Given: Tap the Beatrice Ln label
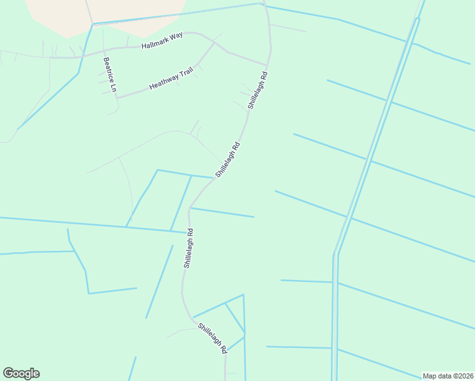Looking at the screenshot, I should point(109,75).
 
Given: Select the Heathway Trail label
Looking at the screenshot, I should point(171,79).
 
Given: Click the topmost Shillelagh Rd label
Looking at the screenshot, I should point(257,90).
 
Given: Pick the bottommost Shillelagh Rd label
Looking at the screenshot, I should point(213,337).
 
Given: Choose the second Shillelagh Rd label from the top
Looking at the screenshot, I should point(227,159).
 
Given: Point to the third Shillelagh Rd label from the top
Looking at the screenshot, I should point(188,248).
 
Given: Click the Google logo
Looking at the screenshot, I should point(21,373).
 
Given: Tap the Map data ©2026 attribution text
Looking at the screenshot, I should point(448,376).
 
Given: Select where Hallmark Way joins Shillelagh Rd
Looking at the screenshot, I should point(267,64).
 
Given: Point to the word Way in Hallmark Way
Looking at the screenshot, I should point(176,36).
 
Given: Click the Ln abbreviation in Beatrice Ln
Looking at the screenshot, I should point(113,87).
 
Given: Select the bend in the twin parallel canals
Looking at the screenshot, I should point(335,254).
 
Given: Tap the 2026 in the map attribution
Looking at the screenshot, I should point(464,376).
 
